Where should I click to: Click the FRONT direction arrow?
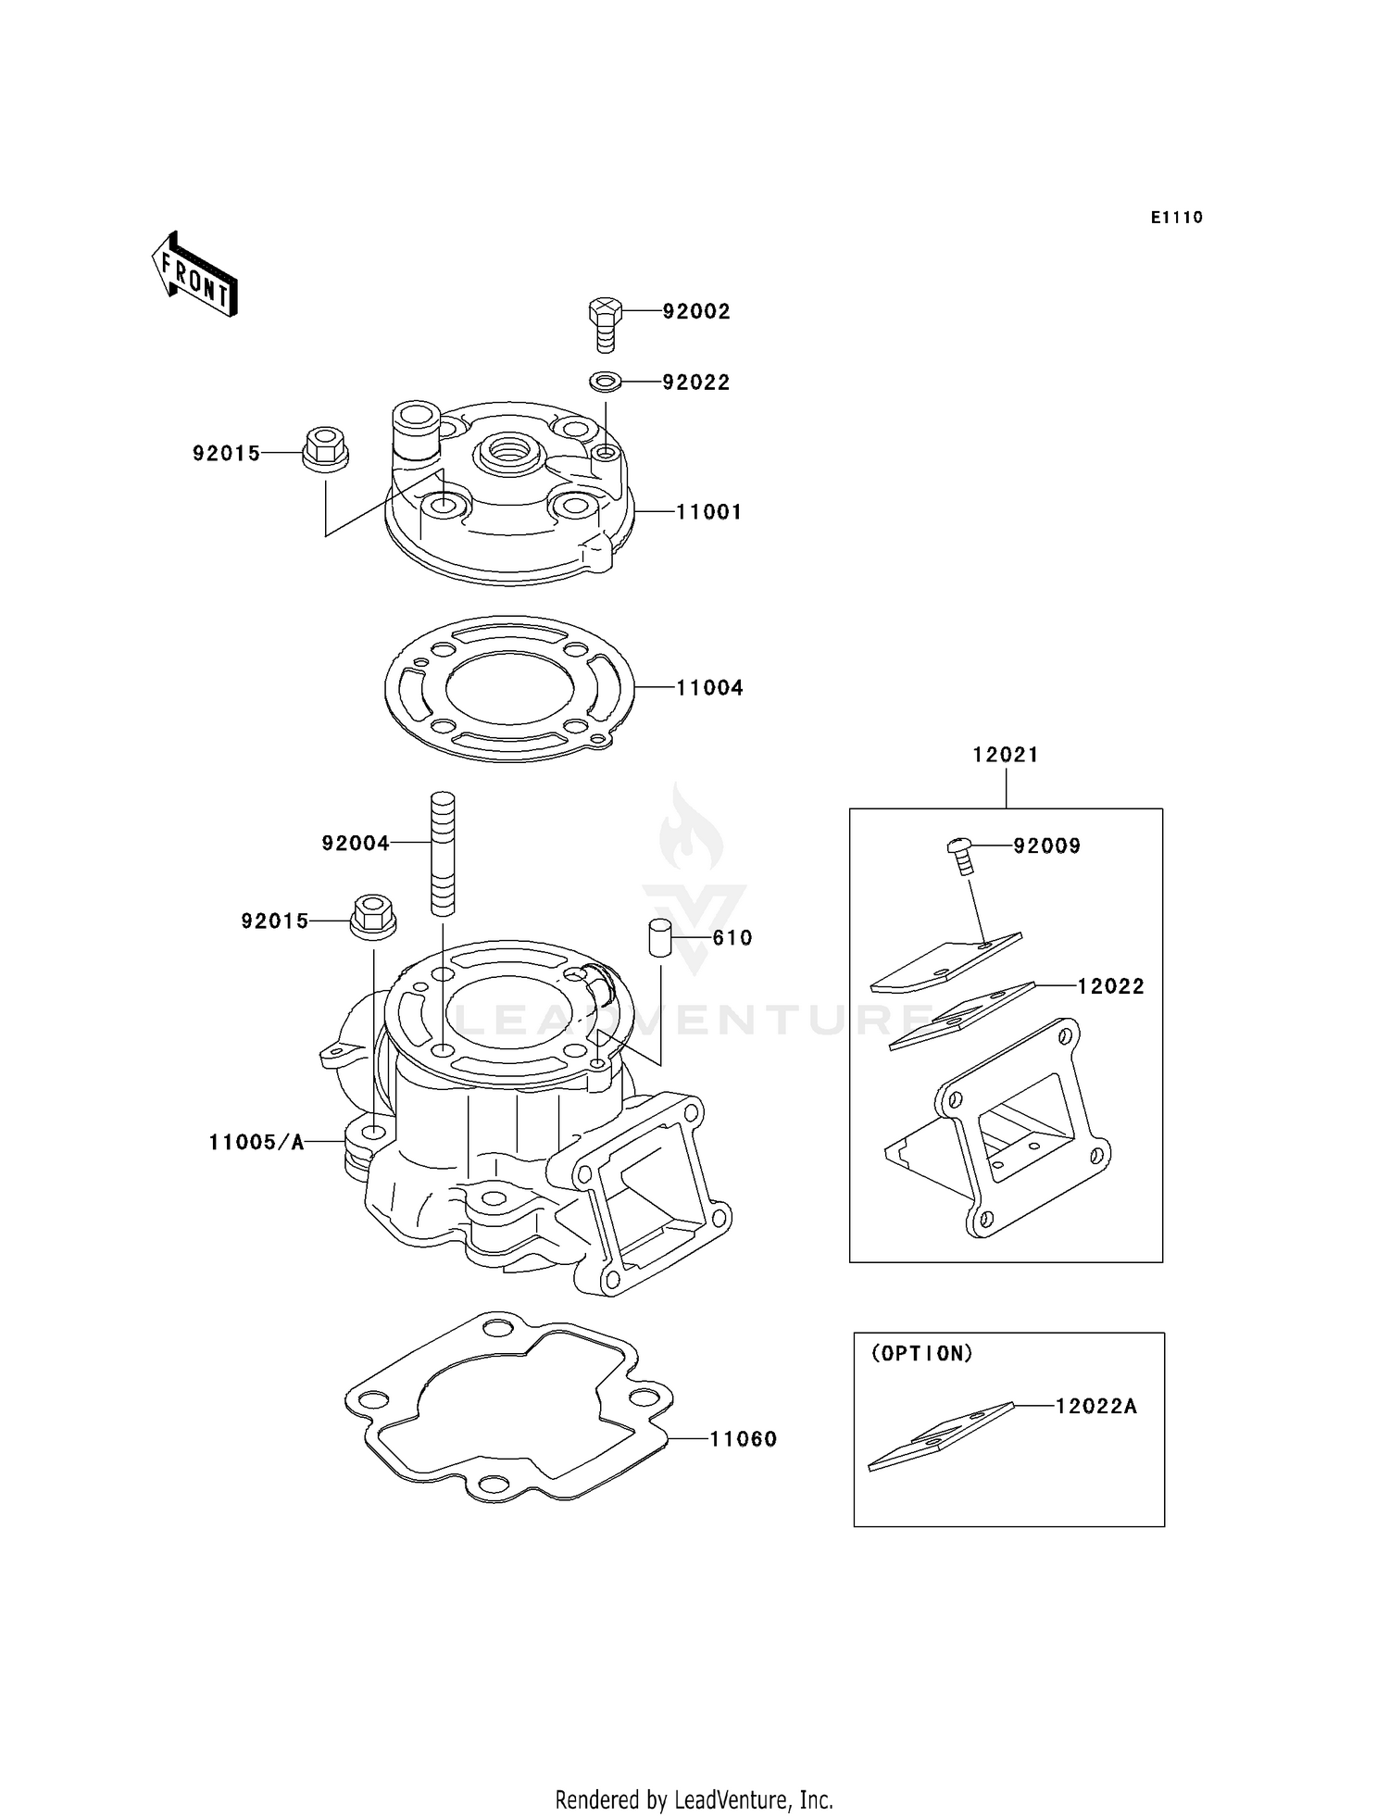194,275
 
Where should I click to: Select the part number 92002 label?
695,312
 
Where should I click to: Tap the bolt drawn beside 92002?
604,323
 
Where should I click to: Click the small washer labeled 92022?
604,381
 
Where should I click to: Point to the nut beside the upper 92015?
325,449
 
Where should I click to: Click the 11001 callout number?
708,512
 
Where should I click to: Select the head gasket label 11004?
709,688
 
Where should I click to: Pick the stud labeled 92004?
443,853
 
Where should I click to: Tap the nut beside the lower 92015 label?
373,917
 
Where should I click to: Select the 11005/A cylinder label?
257,1143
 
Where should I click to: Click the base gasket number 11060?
743,1439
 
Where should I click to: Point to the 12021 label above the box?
1005,755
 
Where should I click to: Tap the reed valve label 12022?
1110,987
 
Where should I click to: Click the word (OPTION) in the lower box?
921,1354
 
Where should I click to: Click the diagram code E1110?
1176,218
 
